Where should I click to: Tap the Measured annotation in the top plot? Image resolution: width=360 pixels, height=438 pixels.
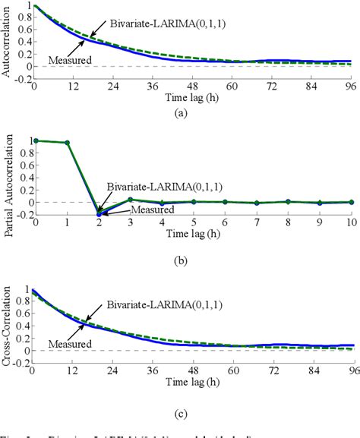65,59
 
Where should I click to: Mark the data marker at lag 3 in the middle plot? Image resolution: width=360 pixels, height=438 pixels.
131,200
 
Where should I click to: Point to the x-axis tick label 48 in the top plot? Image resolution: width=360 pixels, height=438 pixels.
193,87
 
